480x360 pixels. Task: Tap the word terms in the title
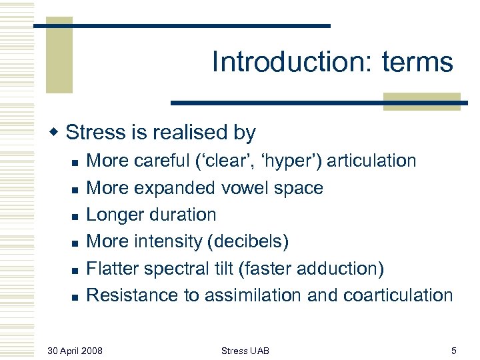(x=417, y=62)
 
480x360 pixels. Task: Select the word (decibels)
(x=247, y=241)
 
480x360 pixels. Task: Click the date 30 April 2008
(x=75, y=350)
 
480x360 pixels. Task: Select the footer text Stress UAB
(x=245, y=350)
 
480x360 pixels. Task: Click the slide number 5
(x=453, y=350)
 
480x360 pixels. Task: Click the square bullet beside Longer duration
(x=75, y=216)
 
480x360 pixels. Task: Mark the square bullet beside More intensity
(x=75, y=243)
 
